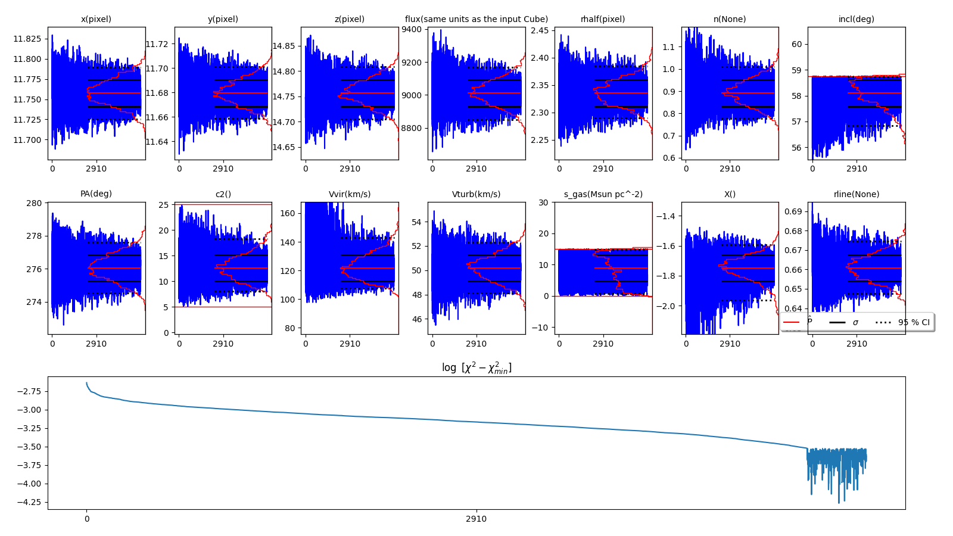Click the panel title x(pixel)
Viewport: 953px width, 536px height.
pos(96,19)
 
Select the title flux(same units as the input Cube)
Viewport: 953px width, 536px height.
pos(476,19)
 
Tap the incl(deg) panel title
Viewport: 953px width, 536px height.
pos(856,19)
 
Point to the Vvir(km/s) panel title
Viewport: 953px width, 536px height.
pos(350,194)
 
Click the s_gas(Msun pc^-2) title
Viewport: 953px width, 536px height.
pos(603,194)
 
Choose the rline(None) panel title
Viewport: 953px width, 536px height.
pos(856,194)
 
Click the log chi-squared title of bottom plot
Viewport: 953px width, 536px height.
pos(476,367)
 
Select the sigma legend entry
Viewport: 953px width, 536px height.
pos(855,322)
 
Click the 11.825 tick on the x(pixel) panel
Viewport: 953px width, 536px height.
pos(27,39)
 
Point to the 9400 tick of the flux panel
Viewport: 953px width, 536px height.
pos(412,30)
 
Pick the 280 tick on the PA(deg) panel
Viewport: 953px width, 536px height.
pos(35,203)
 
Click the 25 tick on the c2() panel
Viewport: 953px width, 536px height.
pos(164,205)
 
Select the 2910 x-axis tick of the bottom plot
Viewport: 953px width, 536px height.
pos(476,519)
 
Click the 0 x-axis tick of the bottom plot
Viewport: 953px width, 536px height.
pos(87,519)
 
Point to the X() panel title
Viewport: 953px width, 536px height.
pos(730,194)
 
